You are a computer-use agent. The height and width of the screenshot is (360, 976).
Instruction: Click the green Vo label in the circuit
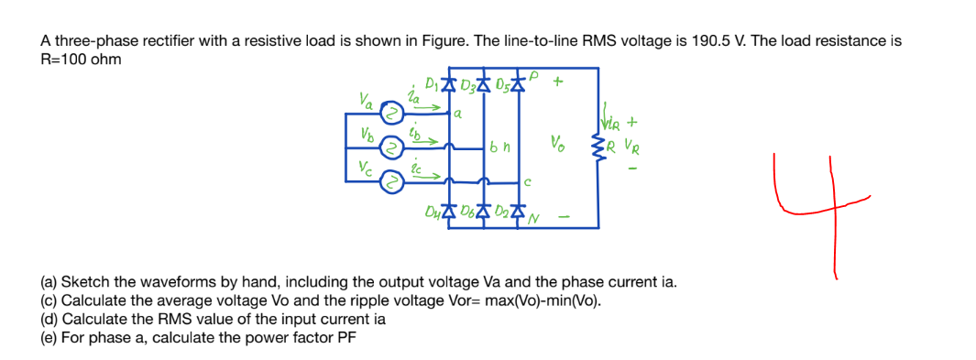tap(556, 143)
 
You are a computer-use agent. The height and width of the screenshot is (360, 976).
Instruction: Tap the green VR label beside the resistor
tap(632, 144)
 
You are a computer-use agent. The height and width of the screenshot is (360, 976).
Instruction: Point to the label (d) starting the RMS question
tap(49, 319)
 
